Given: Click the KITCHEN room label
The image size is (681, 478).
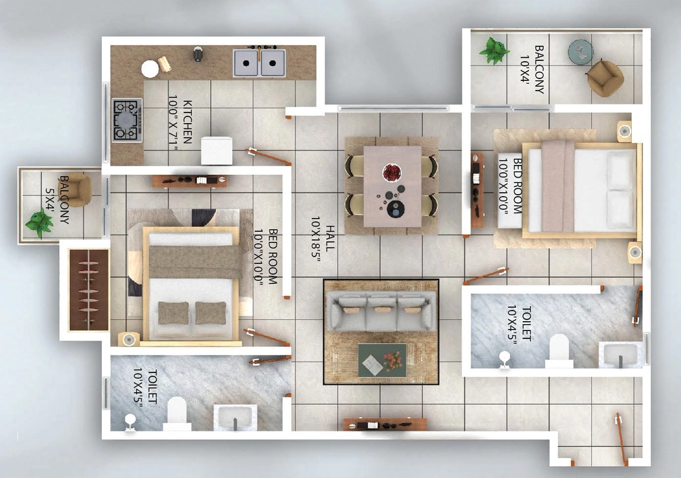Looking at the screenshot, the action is [188, 122].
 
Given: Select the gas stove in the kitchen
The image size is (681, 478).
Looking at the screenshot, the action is [127, 120].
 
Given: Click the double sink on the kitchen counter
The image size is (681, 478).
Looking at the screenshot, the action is [259, 63].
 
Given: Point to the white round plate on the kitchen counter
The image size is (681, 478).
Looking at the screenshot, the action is [150, 68].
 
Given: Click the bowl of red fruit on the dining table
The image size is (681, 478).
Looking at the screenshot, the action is [392, 172].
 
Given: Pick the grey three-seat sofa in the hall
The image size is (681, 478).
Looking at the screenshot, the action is [381, 311].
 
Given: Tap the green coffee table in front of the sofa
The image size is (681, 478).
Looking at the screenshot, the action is [382, 360].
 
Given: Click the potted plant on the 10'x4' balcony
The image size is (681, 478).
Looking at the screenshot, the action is [494, 51].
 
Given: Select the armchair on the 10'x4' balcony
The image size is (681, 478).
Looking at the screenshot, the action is [605, 78].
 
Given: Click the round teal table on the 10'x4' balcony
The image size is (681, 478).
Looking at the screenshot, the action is [581, 51].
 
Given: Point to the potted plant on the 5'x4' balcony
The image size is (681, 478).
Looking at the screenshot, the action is [39, 222].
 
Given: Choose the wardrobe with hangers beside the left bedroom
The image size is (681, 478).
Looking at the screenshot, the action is [88, 290].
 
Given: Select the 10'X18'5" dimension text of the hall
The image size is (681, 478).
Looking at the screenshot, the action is [316, 239].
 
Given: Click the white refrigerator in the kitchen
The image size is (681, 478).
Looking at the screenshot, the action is [217, 150].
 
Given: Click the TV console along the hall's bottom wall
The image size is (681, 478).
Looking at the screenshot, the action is [384, 424].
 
